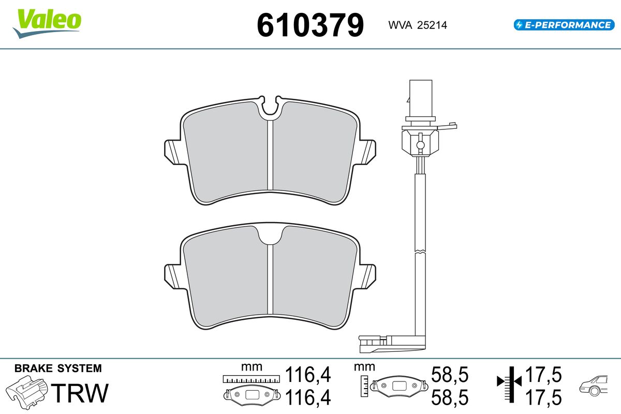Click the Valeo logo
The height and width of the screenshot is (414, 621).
(47, 24)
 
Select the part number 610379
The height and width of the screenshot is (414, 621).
(310, 25)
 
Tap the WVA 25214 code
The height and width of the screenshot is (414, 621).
(418, 25)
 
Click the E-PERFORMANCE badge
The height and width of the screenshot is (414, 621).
(564, 25)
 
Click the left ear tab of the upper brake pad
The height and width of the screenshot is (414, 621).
(174, 152)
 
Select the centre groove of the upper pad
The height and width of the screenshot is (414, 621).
(270, 155)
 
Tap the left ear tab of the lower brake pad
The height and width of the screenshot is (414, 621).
(174, 276)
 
